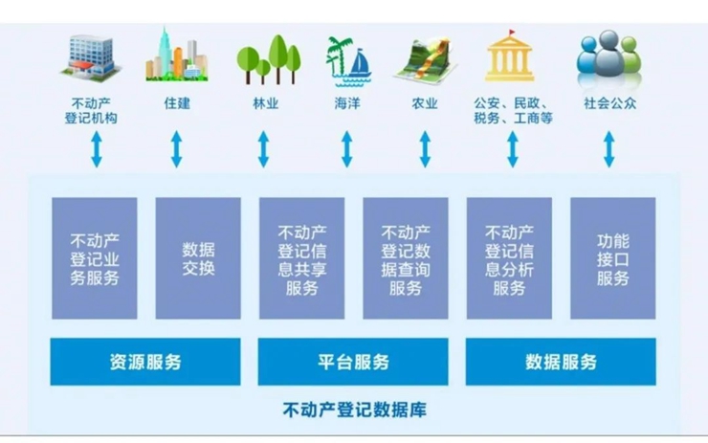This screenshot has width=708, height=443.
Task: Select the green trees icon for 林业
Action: (x=269, y=59)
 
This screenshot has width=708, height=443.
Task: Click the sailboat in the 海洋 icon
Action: (x=360, y=63)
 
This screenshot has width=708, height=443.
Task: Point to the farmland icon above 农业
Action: (x=425, y=59)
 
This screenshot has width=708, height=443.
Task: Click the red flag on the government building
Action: (x=512, y=33)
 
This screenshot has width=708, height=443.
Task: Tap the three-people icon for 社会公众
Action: (x=608, y=57)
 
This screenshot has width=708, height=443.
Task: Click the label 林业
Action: (x=266, y=104)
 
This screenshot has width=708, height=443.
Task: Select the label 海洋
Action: (x=347, y=104)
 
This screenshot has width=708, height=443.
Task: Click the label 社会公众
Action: (x=609, y=104)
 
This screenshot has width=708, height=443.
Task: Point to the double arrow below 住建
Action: (x=177, y=149)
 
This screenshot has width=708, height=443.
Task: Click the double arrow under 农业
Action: (x=425, y=149)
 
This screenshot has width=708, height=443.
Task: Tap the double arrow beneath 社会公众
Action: (x=609, y=149)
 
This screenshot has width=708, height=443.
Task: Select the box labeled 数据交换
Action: (x=198, y=258)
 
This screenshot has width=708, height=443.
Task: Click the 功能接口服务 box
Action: (x=612, y=258)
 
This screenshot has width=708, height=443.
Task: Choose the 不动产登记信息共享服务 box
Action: (x=301, y=258)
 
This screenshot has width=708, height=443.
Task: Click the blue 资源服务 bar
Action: (x=144, y=362)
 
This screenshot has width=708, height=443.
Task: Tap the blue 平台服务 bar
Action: (x=353, y=362)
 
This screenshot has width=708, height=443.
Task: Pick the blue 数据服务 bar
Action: (x=561, y=362)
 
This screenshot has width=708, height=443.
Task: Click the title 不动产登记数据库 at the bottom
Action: (x=354, y=410)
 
